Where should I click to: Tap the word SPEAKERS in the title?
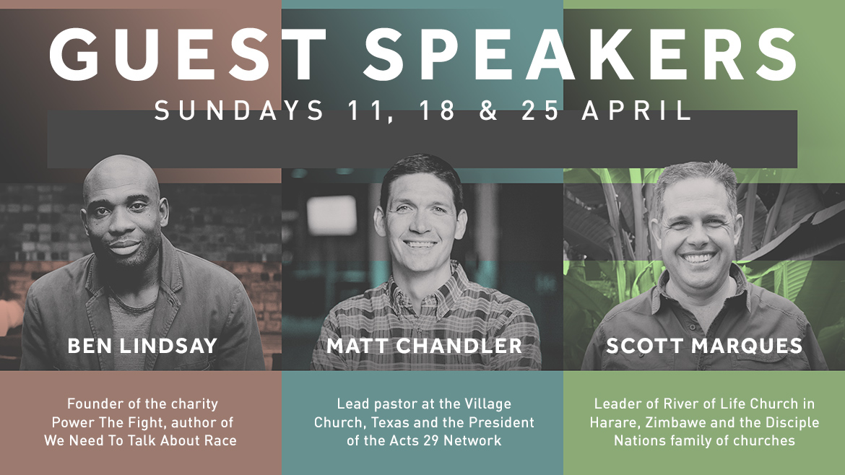(581, 54)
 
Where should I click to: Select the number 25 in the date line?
(540, 110)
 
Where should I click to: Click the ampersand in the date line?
(488, 110)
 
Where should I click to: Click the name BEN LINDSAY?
(142, 346)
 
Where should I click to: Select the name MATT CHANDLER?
(424, 346)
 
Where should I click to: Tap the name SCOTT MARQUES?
(704, 346)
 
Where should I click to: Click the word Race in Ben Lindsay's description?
(220, 440)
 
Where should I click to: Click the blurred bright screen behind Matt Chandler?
(331, 215)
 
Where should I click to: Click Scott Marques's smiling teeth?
(698, 258)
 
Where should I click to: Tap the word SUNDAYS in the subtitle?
(239, 110)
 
